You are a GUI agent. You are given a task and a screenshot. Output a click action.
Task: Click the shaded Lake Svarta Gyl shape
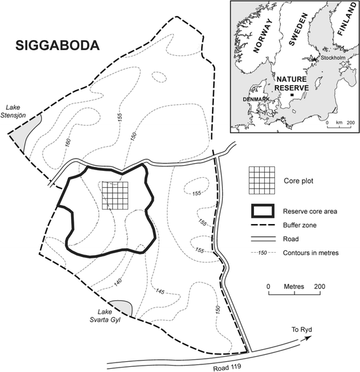(121, 308)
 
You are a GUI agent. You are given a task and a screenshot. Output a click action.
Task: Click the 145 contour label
(160, 291)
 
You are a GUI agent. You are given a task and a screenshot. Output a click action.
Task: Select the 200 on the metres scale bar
(319, 287)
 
